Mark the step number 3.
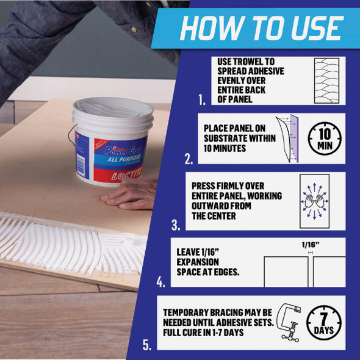(176, 226)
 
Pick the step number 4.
(161, 283)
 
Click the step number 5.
(147, 345)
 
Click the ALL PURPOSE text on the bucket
(117, 160)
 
